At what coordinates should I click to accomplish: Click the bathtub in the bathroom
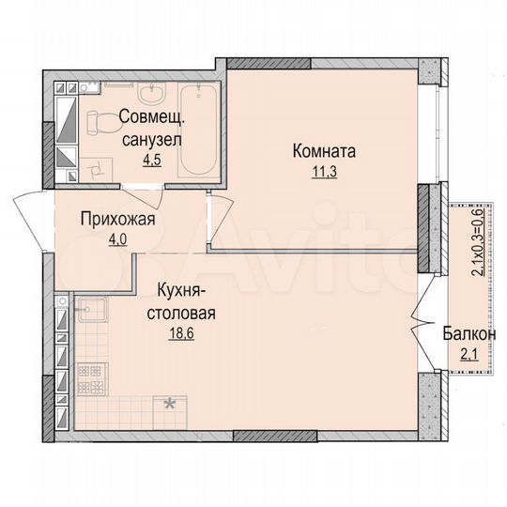click(197, 131)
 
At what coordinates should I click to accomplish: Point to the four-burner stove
click(92, 376)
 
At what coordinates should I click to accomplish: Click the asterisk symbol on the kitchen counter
click(170, 405)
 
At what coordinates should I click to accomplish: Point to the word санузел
click(151, 139)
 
